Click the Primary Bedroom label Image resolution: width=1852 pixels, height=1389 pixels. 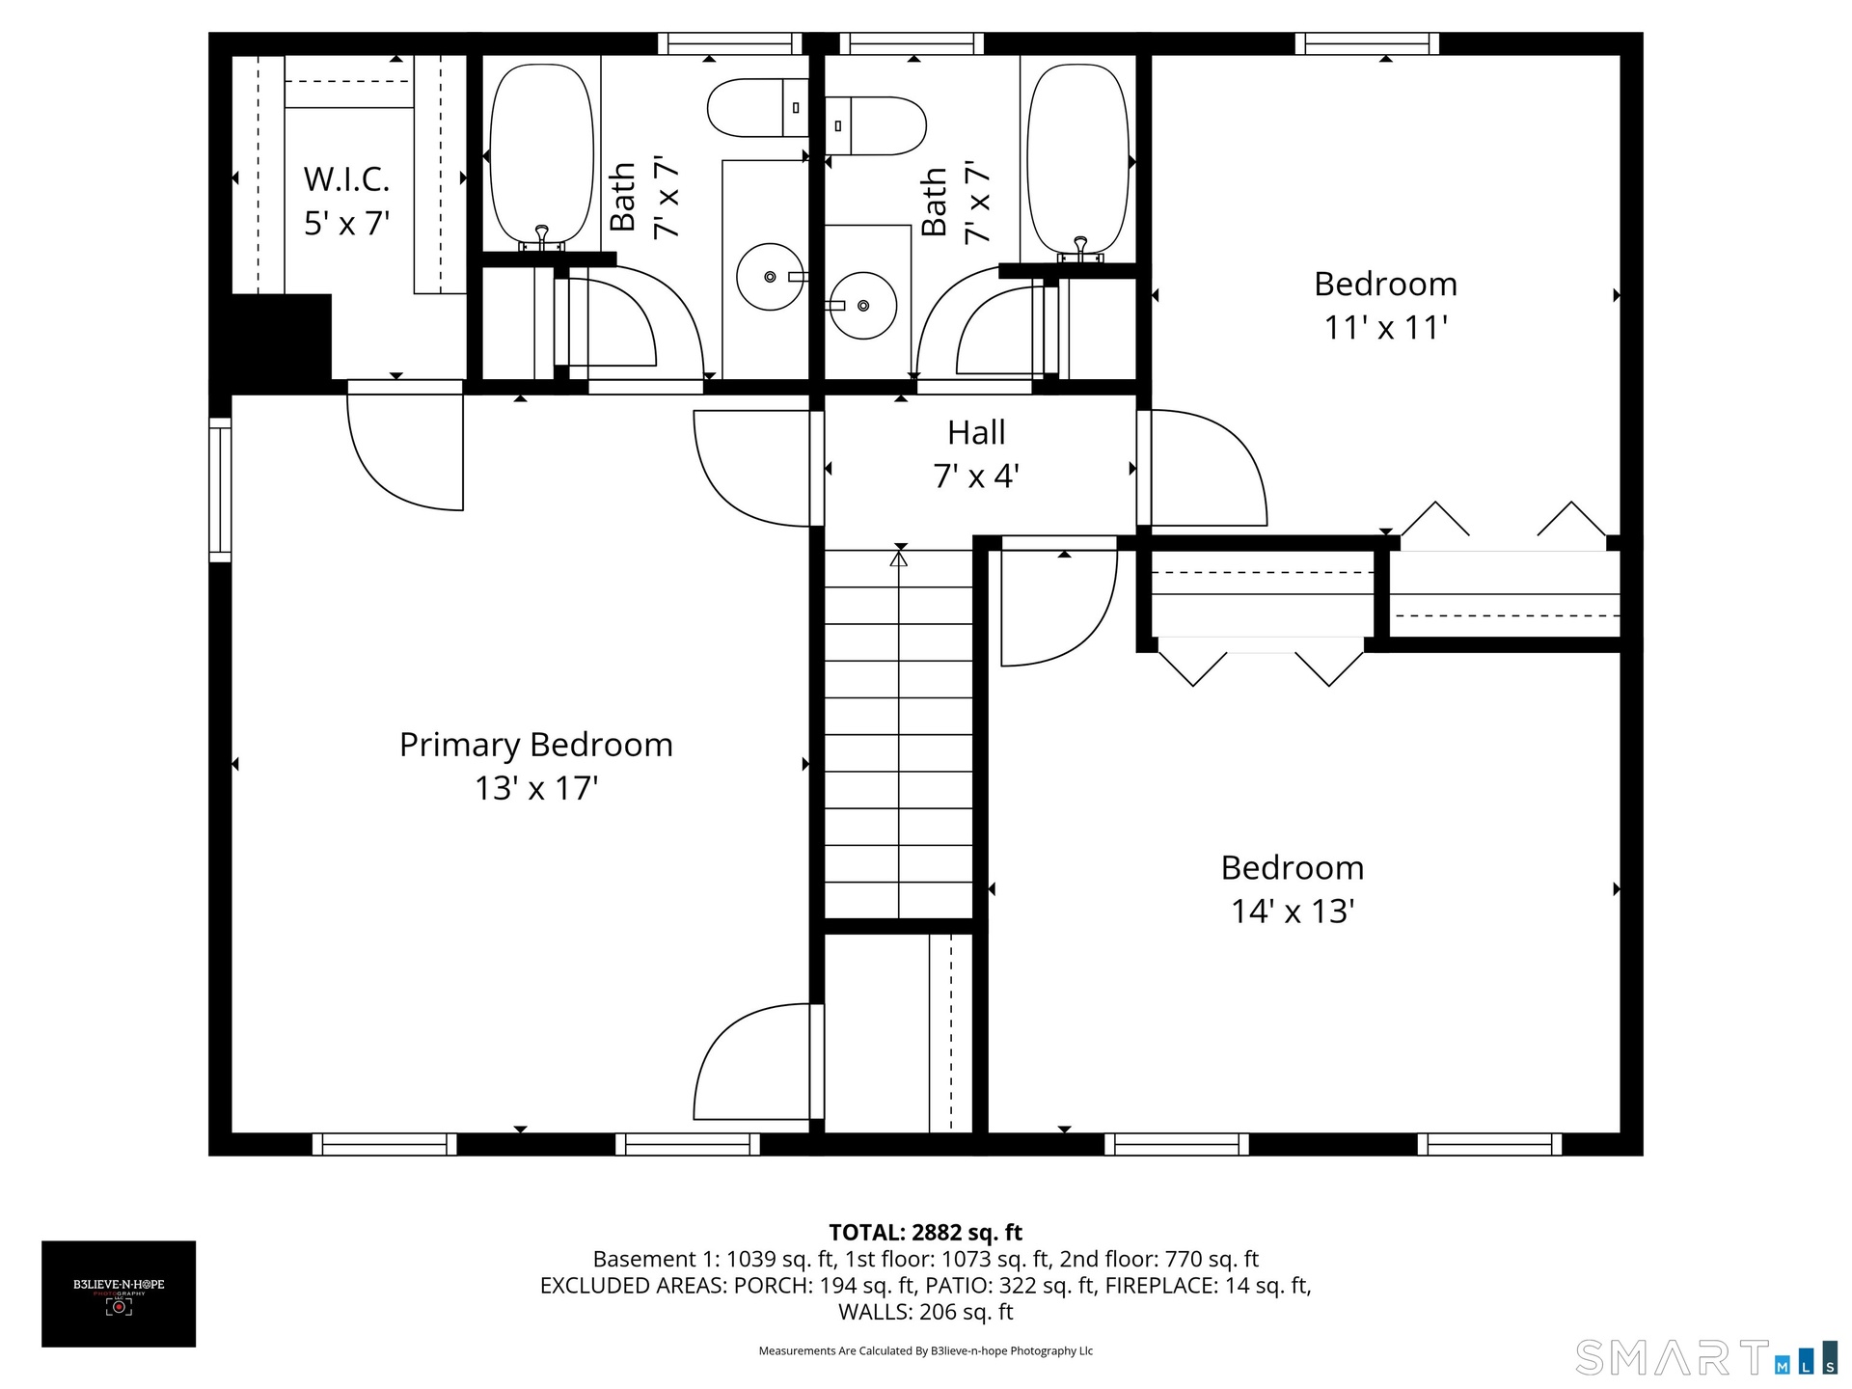(x=536, y=745)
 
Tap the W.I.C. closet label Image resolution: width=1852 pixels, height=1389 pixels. (x=346, y=179)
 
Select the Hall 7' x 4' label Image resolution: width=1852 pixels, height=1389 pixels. (x=976, y=454)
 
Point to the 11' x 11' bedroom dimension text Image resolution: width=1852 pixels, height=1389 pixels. (x=1386, y=328)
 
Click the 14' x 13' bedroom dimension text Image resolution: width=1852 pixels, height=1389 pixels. (x=1293, y=912)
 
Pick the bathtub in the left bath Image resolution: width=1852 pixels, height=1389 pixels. (x=542, y=156)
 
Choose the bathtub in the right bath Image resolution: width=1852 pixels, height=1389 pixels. (x=1078, y=159)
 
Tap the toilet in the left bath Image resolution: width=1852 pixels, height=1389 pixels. (x=758, y=108)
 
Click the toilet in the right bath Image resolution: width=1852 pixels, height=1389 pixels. (x=876, y=125)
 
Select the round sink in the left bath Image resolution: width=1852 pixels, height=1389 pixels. (x=770, y=277)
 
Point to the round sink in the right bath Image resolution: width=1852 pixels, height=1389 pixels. (x=863, y=306)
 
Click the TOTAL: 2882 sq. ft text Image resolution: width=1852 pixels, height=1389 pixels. (x=926, y=1233)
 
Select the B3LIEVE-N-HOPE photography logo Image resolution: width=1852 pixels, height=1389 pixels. (x=119, y=1294)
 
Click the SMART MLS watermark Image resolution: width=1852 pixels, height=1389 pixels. (x=1706, y=1357)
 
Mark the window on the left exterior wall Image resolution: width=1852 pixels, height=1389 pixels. (x=220, y=490)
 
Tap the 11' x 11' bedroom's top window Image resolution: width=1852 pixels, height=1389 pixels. (x=1367, y=43)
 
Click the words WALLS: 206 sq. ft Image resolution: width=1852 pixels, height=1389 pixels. (x=926, y=1312)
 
